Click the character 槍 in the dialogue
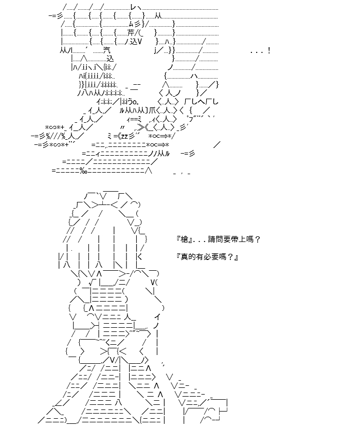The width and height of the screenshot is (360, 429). (x=185, y=239)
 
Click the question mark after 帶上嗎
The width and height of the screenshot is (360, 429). (x=258, y=239)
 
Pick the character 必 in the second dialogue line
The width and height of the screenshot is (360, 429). (x=207, y=257)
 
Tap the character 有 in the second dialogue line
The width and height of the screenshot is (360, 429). (x=200, y=257)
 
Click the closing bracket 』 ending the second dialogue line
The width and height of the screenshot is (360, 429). (x=236, y=257)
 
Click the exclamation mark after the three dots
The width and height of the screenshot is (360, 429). (x=269, y=51)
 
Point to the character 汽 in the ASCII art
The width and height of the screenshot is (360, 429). (x=106, y=50)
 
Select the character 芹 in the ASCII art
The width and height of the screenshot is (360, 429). (x=131, y=33)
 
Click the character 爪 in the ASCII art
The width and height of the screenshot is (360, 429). (x=152, y=110)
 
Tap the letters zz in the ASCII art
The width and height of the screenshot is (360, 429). (x=124, y=136)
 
